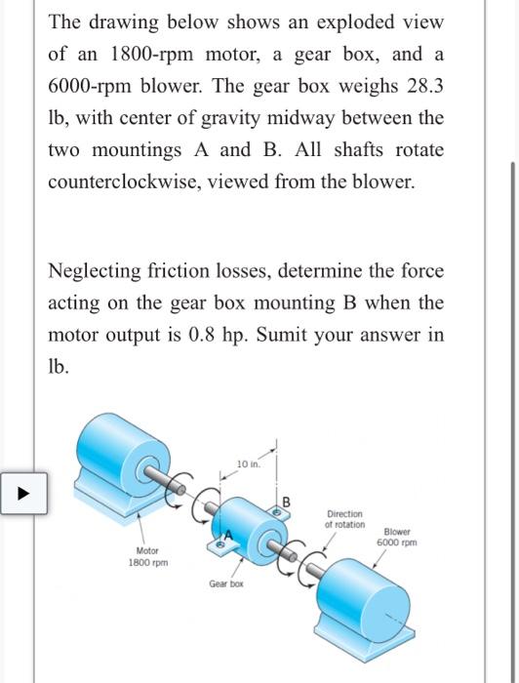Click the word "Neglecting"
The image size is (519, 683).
tap(97, 270)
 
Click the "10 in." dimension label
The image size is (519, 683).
tap(248, 462)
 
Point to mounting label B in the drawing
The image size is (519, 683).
tap(286, 502)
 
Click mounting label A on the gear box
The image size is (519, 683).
tap(229, 535)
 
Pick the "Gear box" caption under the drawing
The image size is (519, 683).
tap(225, 583)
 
